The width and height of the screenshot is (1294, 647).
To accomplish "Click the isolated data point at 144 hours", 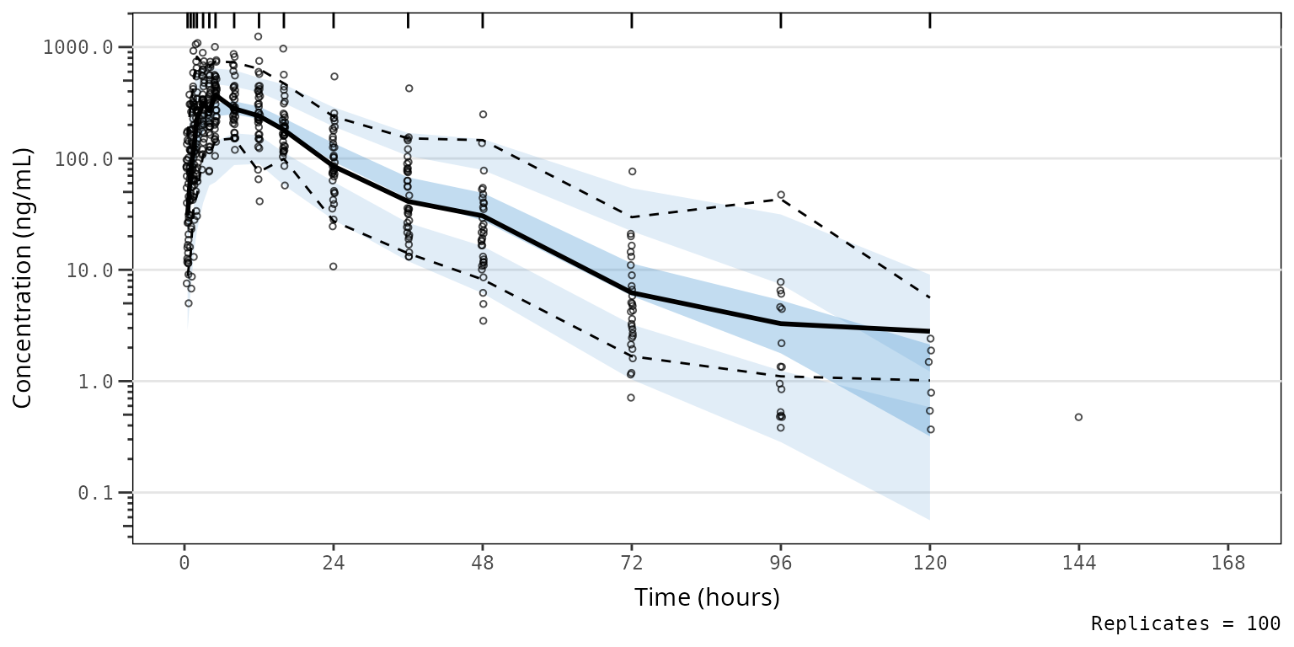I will click(1078, 417).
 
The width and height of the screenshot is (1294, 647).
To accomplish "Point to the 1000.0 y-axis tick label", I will click(78, 47).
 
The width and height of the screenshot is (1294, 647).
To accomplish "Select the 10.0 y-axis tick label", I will click(88, 270).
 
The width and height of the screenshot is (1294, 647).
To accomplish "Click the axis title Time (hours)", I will click(707, 598).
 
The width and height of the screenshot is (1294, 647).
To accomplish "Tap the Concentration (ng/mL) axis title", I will click(23, 278).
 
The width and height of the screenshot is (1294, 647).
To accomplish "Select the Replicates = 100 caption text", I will click(1185, 624).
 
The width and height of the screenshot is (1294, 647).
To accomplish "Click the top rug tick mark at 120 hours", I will click(930, 20).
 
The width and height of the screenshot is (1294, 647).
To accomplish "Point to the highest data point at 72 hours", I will click(632, 172).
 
